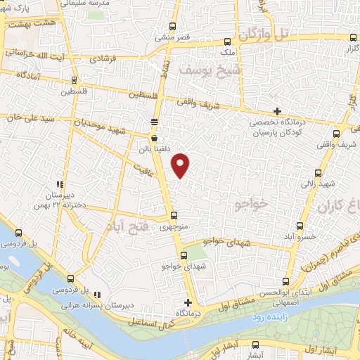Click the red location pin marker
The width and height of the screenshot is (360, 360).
pyautogui.click(x=181, y=165)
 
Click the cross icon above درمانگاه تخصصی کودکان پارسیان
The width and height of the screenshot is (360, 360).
pyautogui.click(x=278, y=111)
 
